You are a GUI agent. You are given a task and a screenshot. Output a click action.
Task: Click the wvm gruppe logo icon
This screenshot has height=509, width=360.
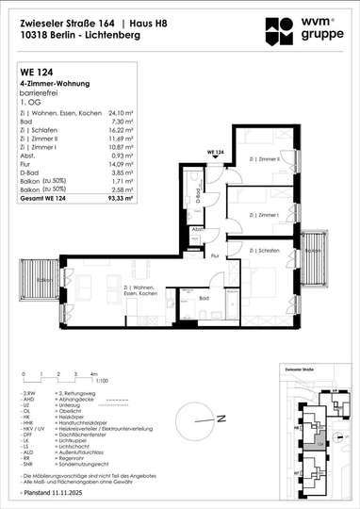281,21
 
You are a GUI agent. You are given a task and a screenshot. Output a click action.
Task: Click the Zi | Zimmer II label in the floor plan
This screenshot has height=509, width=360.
268,160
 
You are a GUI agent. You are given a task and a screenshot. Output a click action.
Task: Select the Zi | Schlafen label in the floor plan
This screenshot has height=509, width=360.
268,252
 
